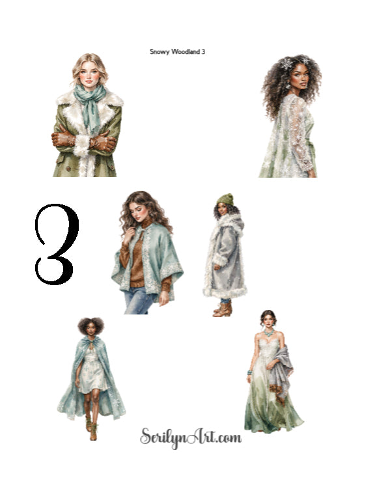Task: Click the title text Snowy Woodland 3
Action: click(177, 51)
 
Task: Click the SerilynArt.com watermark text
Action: click(191, 437)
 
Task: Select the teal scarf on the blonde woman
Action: click(90, 105)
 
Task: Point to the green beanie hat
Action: click(226, 200)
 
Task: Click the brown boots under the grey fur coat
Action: click(223, 309)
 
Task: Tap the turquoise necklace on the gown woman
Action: click(268, 333)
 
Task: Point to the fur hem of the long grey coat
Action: click(225, 292)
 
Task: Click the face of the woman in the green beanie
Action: click(223, 209)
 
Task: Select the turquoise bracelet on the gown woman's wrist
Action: click(249, 372)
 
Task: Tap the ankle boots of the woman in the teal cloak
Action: click(90, 428)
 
